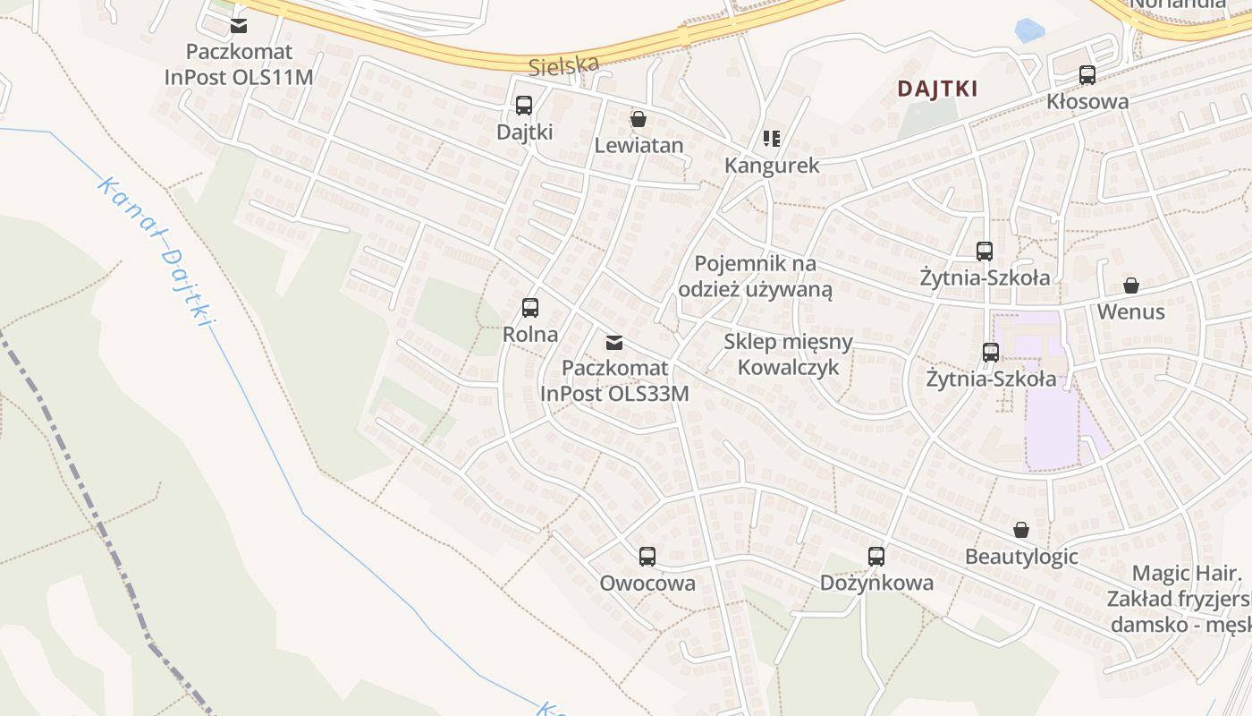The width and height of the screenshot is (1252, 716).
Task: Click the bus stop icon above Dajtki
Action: click(x=524, y=106)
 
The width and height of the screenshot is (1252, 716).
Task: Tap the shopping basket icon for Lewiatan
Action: click(x=639, y=119)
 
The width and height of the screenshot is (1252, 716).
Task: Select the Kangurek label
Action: click(x=772, y=166)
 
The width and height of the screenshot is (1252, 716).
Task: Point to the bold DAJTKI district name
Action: click(x=937, y=89)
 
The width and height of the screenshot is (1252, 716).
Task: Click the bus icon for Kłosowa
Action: click(x=1087, y=75)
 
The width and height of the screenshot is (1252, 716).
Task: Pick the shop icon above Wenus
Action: click(x=1131, y=286)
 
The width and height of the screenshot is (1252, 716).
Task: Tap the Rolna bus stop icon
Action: click(x=530, y=308)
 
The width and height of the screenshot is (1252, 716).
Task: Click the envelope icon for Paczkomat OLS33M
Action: click(x=614, y=342)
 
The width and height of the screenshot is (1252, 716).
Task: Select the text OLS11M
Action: click(x=276, y=77)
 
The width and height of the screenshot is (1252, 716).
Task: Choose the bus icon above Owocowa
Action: click(x=647, y=557)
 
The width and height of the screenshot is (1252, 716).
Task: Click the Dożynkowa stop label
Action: click(x=876, y=584)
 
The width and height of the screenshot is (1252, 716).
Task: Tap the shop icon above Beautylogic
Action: click(x=1021, y=531)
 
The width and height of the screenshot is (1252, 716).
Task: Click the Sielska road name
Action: click(x=563, y=64)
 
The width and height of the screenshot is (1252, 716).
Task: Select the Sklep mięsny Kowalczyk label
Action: click(x=788, y=354)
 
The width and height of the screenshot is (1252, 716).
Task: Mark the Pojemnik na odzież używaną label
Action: click(x=756, y=277)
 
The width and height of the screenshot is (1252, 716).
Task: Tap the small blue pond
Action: click(x=1029, y=31)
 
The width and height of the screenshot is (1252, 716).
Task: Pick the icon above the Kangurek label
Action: click(x=772, y=138)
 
